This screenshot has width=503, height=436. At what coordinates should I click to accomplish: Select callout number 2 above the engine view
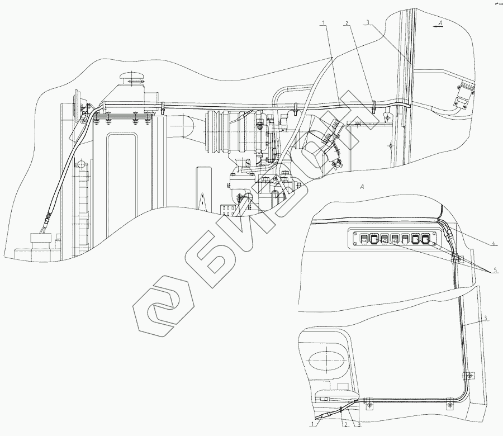347,23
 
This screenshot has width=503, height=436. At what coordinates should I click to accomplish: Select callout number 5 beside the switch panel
495,271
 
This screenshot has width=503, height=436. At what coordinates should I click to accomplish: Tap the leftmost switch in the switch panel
362,240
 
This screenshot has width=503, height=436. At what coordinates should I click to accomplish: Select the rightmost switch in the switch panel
426,240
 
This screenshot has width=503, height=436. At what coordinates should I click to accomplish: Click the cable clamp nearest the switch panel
457,259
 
